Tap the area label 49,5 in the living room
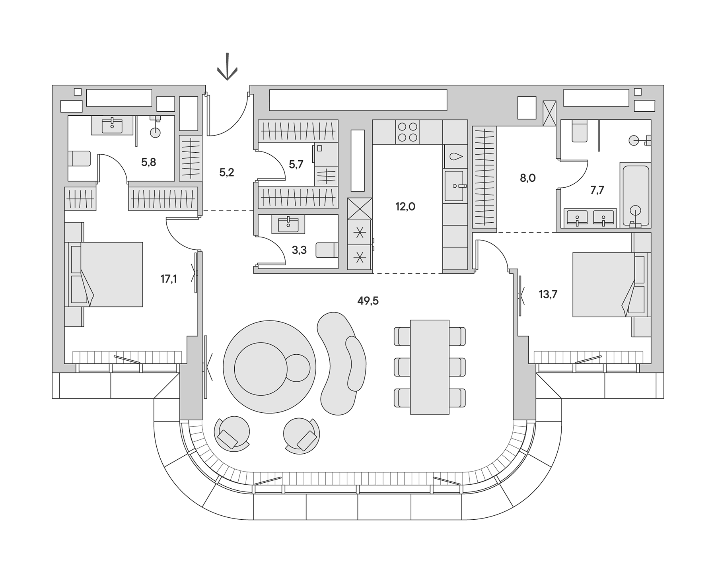tap(368, 301)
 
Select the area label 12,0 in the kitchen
tap(405, 206)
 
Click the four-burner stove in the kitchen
tap(407, 132)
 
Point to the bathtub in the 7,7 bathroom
tap(635, 195)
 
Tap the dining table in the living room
tap(430, 367)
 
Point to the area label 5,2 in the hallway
tap(227, 173)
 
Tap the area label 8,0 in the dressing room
tap(527, 178)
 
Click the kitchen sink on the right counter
tap(454, 186)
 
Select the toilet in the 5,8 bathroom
tap(80, 158)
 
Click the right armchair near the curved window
tap(302, 435)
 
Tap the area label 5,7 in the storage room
tap(296, 165)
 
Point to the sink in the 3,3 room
tap(288, 224)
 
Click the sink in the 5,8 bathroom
tap(112, 125)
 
